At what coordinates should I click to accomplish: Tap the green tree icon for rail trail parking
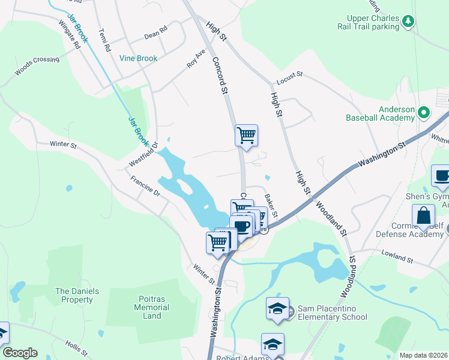pyautogui.click(x=408, y=22)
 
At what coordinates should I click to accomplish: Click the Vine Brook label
pyautogui.click(x=138, y=58)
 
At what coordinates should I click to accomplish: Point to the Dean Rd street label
pyautogui.click(x=155, y=35)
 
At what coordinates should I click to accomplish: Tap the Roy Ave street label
pyautogui.click(x=196, y=58)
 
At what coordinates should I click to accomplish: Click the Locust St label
pyautogui.click(x=290, y=80)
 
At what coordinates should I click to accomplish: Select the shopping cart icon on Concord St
pyautogui.click(x=246, y=136)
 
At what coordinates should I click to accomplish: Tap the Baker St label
pyautogui.click(x=271, y=206)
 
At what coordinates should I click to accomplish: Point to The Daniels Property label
pyautogui.click(x=77, y=295)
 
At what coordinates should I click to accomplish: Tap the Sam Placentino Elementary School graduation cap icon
pyautogui.click(x=278, y=308)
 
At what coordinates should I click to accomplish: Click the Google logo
pyautogui.click(x=20, y=353)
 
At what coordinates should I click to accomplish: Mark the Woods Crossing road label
pyautogui.click(x=37, y=67)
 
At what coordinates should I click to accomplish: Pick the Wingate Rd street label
pyautogui.click(x=68, y=35)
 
